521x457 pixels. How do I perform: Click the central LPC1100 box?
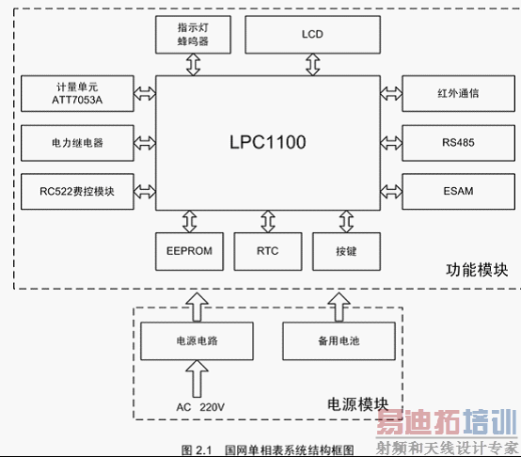[x=268, y=143]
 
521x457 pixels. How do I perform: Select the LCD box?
[x=312, y=35]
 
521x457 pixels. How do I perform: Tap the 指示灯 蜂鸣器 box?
[x=193, y=35]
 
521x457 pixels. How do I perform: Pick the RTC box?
[x=268, y=251]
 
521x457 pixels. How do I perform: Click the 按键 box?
[x=344, y=251]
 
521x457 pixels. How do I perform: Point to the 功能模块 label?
[x=477, y=271]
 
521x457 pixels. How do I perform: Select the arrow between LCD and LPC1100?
[x=312, y=64]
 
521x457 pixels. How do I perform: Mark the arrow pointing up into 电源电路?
[x=196, y=382]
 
